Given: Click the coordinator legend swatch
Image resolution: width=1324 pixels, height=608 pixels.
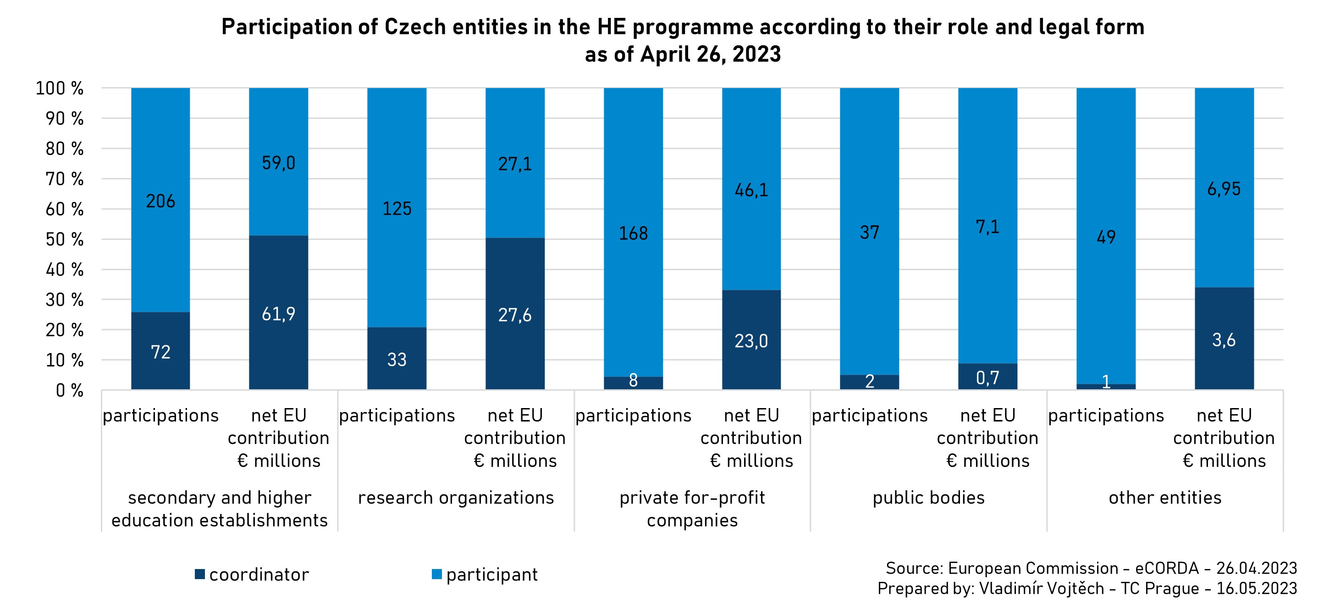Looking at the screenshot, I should (200, 574).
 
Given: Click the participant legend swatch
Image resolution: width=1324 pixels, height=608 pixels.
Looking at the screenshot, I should (437, 574).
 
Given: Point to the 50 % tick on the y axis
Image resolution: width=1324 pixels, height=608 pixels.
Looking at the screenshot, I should (65, 239).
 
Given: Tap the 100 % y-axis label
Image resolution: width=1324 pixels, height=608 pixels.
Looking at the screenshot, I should (60, 88).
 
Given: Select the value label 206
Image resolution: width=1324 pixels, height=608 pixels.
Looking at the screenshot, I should (160, 201).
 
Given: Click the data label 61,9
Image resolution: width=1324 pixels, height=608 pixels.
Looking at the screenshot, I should (279, 314).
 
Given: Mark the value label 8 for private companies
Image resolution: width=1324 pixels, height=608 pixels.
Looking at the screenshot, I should (633, 380).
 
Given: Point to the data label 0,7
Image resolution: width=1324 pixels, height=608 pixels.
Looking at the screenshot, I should (988, 378).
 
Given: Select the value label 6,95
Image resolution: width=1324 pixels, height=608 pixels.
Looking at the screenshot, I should (1225, 189).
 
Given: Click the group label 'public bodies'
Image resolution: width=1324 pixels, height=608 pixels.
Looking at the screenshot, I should (929, 497).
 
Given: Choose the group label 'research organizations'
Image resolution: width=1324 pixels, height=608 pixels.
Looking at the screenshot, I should (456, 497).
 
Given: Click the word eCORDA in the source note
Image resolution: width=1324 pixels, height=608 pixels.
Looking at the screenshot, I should (1167, 568).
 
